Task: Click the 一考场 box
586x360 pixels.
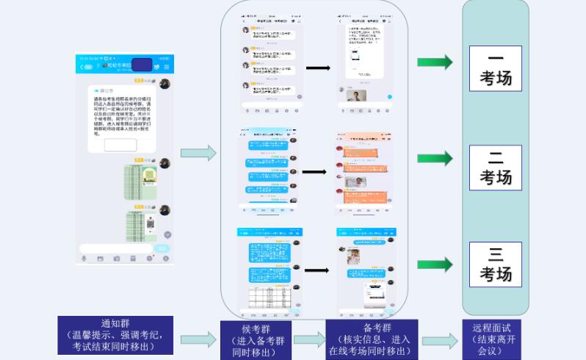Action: click(x=496, y=68)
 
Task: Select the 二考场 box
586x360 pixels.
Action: click(x=496, y=167)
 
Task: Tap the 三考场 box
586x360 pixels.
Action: click(x=496, y=264)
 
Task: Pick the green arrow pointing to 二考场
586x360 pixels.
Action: click(x=434, y=159)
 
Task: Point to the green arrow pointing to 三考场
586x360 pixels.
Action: click(x=434, y=264)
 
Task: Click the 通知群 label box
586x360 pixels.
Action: click(x=116, y=335)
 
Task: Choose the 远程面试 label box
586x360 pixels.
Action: click(x=495, y=339)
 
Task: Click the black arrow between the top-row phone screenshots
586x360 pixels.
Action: click(x=317, y=68)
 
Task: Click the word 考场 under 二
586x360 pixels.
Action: click(x=496, y=177)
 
